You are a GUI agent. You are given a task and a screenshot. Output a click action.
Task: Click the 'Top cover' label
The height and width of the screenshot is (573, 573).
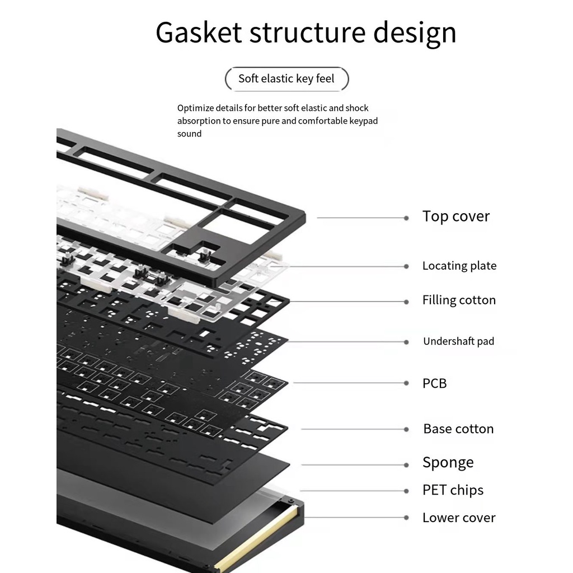click(455, 217)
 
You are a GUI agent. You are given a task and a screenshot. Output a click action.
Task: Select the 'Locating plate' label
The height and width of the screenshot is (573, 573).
click(459, 266)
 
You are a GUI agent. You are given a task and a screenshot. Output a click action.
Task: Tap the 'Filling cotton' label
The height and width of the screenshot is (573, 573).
click(459, 300)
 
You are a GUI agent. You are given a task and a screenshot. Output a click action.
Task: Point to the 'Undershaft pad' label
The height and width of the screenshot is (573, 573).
click(459, 341)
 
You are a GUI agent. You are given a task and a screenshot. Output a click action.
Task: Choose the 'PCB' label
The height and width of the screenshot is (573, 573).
click(434, 383)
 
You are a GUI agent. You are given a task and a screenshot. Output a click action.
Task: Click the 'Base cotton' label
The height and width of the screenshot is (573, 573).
click(458, 429)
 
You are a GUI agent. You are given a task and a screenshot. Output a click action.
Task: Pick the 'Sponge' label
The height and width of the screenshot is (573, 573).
click(448, 463)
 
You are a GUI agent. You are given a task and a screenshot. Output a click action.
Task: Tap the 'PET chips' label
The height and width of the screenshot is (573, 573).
click(453, 490)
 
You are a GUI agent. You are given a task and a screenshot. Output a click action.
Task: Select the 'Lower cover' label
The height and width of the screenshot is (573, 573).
click(459, 518)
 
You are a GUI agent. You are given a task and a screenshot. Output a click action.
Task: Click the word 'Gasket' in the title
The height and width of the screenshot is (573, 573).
click(199, 32)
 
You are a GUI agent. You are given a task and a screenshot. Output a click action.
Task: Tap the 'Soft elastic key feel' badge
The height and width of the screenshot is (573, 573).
click(286, 78)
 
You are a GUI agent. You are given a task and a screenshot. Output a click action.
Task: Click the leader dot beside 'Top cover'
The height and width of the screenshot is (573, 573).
click(406, 218)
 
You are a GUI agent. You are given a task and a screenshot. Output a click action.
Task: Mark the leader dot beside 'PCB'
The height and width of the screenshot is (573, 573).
click(406, 383)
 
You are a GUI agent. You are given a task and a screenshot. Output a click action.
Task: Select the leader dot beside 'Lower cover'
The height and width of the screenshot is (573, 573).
click(406, 518)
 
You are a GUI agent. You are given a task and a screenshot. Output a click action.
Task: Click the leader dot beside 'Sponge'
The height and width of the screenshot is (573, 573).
click(406, 465)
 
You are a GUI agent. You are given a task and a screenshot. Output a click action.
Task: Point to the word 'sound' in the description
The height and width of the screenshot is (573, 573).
click(189, 134)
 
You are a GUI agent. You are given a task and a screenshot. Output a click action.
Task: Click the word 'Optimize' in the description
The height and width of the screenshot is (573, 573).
click(195, 109)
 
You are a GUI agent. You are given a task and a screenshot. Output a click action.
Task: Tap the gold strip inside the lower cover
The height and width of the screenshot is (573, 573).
click(256, 537)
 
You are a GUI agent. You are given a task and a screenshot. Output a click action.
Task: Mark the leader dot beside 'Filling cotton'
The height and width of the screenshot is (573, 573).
click(406, 302)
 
